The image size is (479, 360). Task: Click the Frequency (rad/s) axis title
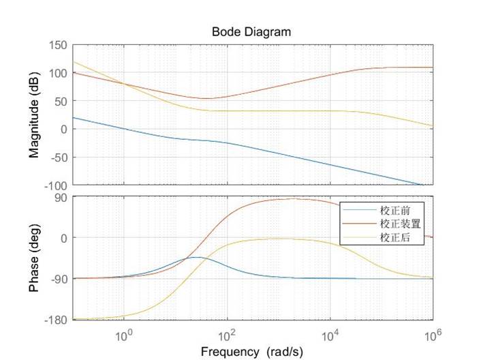251,351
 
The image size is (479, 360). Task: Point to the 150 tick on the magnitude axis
58,45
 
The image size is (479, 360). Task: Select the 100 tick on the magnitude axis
58,73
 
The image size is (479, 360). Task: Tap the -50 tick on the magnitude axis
57,157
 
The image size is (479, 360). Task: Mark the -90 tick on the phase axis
59,279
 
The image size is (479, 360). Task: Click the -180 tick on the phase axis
56,319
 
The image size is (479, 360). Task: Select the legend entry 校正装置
399,223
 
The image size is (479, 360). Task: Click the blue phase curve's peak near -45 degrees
196,257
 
